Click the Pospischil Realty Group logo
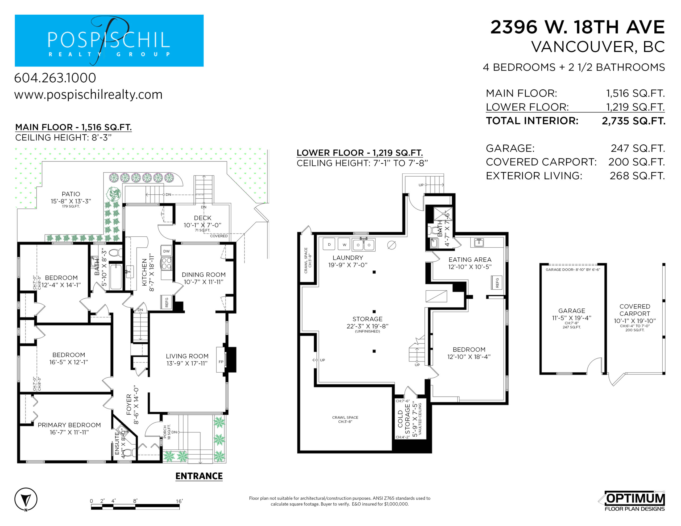point(109,40)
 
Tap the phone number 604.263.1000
point(55,78)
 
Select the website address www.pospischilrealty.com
point(88,95)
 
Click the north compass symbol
point(26,499)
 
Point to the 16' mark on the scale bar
point(179,501)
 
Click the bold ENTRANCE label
point(199,476)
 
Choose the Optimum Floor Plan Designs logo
point(632,501)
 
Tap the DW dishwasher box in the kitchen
point(167,251)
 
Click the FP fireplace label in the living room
point(221,362)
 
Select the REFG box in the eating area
point(497,282)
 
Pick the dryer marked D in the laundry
point(329,244)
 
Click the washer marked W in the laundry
point(344,245)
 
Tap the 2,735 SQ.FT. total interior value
point(633,121)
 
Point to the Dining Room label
point(204,275)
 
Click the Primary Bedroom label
point(69,425)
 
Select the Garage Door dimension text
point(573,269)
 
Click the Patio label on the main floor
point(71,194)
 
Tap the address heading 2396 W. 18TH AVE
point(578,27)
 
